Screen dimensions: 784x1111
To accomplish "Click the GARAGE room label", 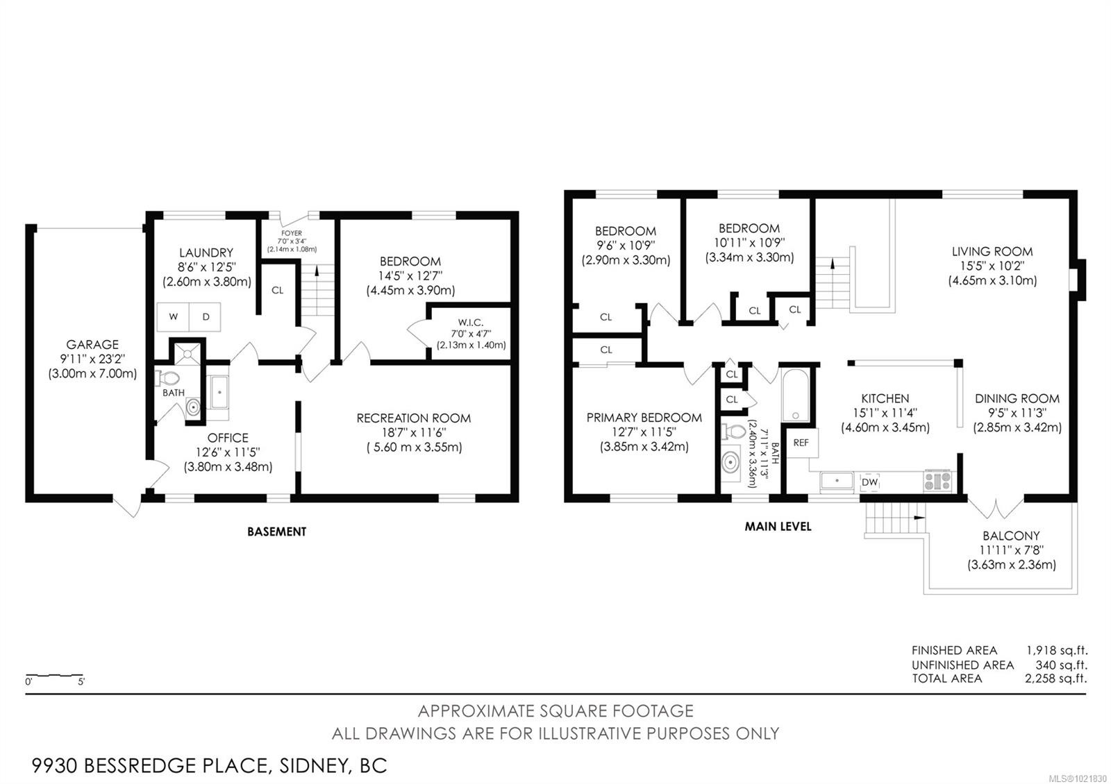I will (x=92, y=344).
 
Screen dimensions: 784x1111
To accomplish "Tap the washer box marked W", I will (x=173, y=316).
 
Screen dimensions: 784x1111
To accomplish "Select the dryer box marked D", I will (x=206, y=316).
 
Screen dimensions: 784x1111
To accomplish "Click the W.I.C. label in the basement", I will (x=470, y=323).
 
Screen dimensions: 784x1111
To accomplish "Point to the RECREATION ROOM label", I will (x=413, y=418).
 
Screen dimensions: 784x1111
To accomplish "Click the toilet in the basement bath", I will (x=169, y=378).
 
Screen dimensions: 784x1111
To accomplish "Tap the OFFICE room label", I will (x=228, y=438).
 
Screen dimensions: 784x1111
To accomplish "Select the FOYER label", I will (x=292, y=233).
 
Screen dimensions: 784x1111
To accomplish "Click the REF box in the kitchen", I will (x=801, y=443).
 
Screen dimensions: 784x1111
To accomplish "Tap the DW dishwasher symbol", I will (x=869, y=482).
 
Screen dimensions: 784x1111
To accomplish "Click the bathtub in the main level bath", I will (x=795, y=395).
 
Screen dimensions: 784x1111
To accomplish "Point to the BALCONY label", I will (x=1011, y=536).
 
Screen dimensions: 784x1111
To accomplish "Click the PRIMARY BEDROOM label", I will (x=644, y=418).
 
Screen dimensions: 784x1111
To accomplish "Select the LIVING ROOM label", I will (x=992, y=251).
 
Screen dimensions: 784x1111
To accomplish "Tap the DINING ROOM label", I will (x=1017, y=398).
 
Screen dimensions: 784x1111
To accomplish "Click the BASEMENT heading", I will (x=276, y=531).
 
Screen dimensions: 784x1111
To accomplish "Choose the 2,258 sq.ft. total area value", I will (x=1055, y=679).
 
